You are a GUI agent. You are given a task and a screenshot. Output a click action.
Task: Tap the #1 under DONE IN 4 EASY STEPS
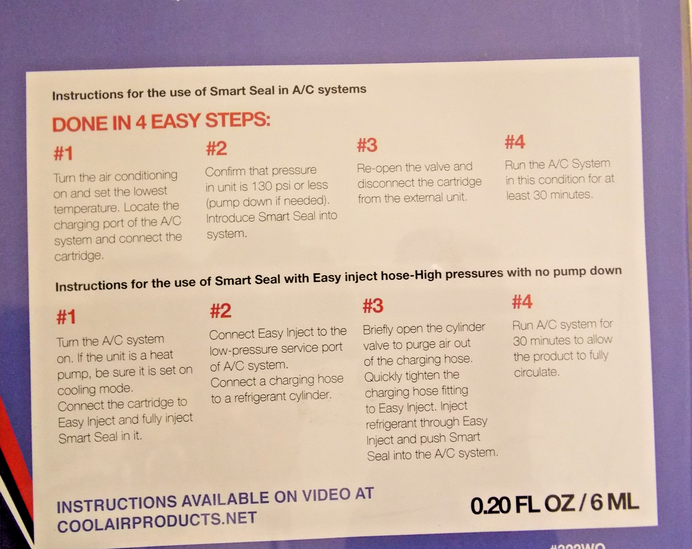pyautogui.click(x=63, y=153)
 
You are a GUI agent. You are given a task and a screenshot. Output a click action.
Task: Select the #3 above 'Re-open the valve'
pyautogui.click(x=367, y=145)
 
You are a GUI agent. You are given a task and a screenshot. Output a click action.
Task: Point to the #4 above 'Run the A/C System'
pyautogui.click(x=515, y=142)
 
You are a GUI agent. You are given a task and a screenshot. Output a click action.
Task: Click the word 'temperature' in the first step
pyautogui.click(x=85, y=209)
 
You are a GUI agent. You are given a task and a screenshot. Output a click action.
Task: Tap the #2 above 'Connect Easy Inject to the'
pyautogui.click(x=221, y=311)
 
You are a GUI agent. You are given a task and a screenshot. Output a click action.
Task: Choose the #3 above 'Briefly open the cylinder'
pyautogui.click(x=373, y=305)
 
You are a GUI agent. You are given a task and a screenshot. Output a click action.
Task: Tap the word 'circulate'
pyautogui.click(x=537, y=372)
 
